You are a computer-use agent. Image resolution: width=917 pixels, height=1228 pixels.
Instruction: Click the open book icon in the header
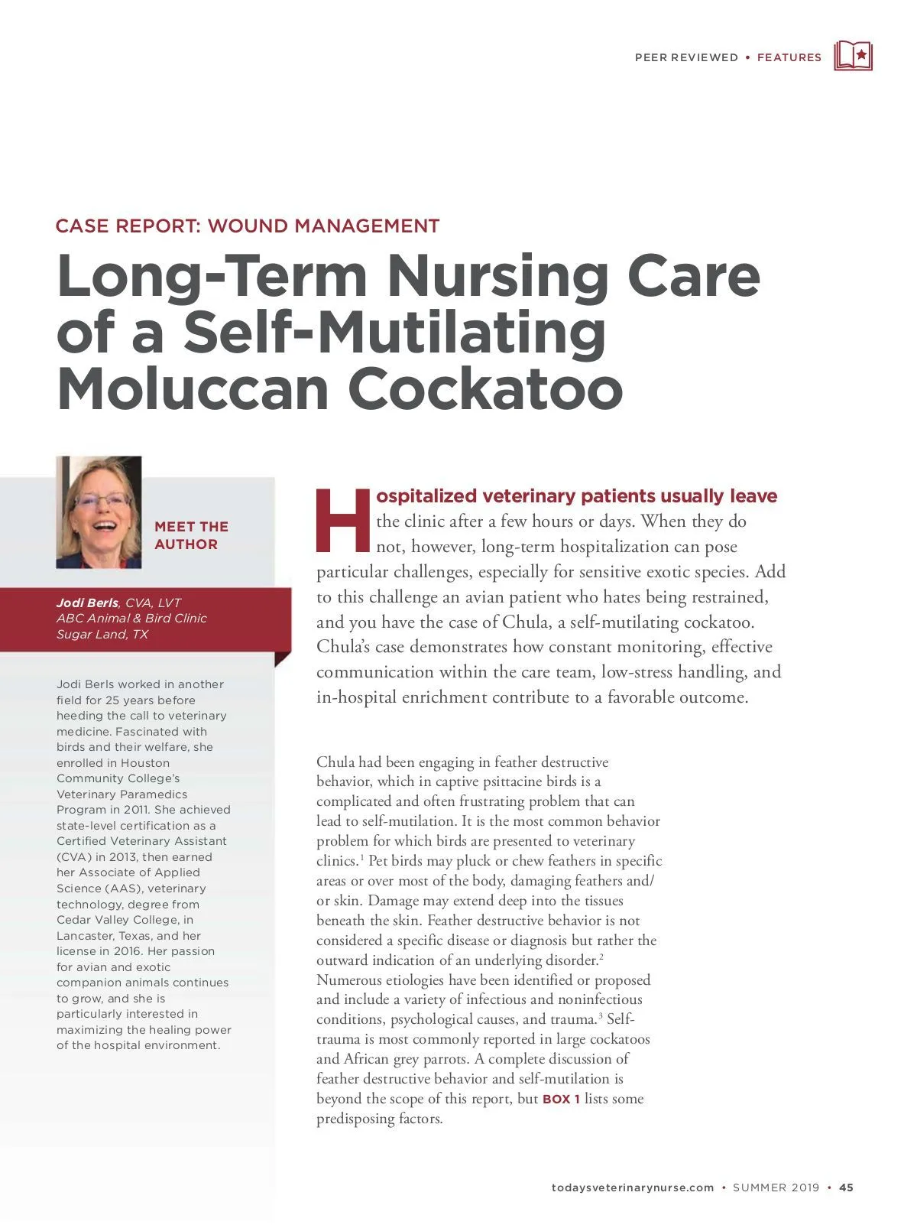point(853,57)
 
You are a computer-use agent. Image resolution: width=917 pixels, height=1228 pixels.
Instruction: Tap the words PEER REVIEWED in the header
point(686,57)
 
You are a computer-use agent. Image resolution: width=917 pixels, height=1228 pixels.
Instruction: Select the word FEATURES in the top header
point(789,57)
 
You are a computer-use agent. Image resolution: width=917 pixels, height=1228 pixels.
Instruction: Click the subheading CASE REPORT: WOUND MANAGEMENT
point(248,226)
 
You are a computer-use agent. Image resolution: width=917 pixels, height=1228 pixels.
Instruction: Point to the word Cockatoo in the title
point(485,388)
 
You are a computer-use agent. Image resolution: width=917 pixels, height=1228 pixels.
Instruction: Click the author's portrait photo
point(99,512)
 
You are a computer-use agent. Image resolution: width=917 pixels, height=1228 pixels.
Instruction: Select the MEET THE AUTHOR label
point(191,535)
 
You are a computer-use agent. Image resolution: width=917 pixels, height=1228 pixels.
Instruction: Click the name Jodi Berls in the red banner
point(87,603)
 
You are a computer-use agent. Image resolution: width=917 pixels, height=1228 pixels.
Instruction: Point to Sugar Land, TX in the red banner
point(102,635)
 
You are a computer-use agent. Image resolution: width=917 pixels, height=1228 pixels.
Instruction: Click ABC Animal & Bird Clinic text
point(131,619)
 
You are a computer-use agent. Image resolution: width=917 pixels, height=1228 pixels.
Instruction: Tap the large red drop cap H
point(342,520)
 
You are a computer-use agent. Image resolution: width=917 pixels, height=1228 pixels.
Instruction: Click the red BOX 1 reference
point(561,1100)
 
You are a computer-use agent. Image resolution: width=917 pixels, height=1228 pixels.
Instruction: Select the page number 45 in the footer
point(846,1187)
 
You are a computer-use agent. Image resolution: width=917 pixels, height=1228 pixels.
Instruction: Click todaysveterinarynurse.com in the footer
point(632,1187)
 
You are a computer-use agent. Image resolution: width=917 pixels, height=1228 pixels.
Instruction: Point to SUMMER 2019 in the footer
point(776,1187)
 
